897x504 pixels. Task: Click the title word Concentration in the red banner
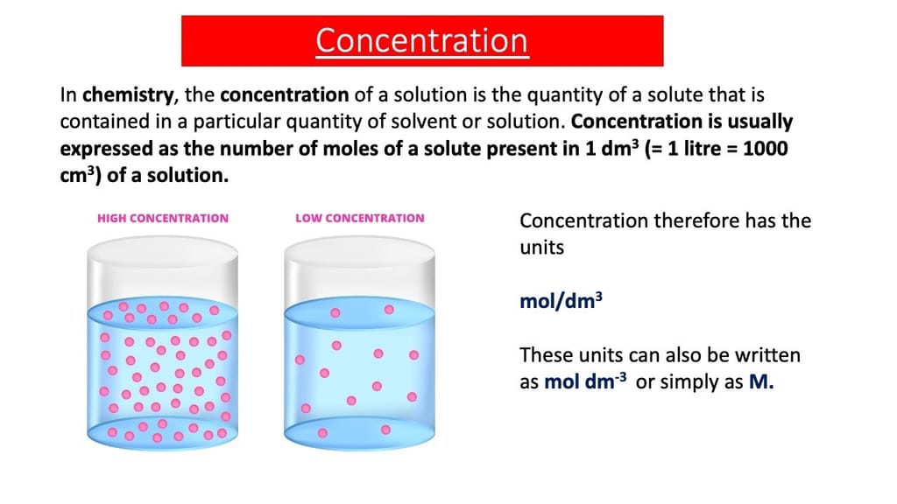421,40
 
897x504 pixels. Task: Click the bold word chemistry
128,94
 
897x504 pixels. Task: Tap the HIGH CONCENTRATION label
162,218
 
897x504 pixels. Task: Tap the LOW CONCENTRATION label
360,218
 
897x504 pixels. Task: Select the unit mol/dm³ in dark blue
561,301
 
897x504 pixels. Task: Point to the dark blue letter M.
761,381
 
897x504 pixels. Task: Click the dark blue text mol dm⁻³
584,381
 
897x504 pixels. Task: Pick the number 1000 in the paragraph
766,149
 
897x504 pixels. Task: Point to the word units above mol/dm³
541,248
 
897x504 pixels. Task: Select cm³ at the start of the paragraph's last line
81,175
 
